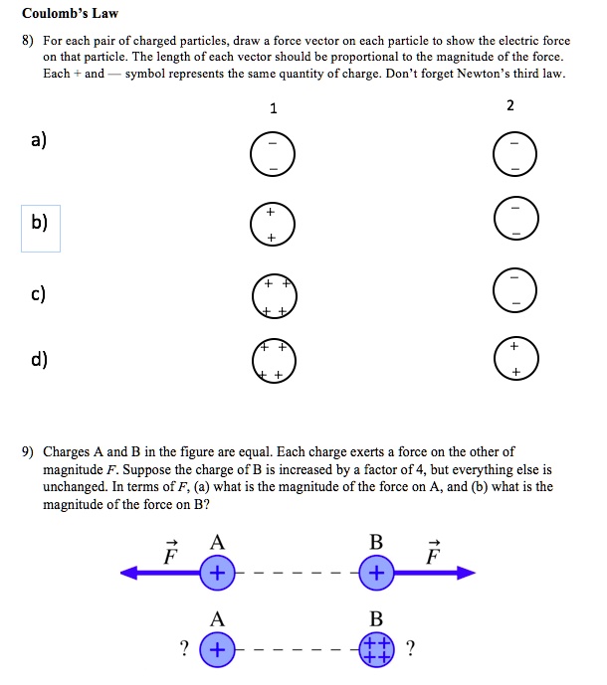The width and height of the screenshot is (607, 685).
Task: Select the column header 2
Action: [x=510, y=106]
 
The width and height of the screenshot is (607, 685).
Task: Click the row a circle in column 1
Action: [x=272, y=157]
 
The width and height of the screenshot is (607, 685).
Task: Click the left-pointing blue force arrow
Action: [x=159, y=573]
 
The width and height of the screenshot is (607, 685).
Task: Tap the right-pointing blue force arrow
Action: [x=433, y=573]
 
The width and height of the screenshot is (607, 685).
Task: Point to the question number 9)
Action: [x=30, y=451]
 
